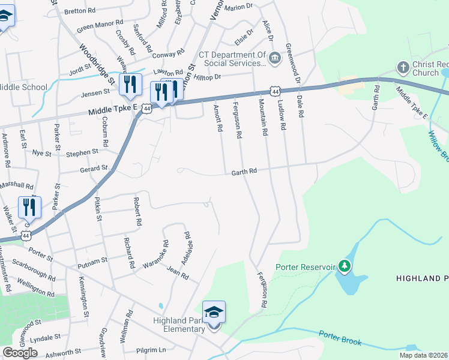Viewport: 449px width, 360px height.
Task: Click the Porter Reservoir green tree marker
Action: click(x=344, y=265)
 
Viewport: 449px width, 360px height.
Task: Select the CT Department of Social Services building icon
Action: click(x=275, y=58)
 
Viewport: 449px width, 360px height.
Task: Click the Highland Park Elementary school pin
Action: click(x=214, y=313)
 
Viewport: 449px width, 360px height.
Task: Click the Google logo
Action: click(x=20, y=353)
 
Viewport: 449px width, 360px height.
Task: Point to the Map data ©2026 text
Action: click(x=423, y=355)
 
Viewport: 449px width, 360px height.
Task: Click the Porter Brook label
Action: click(x=340, y=338)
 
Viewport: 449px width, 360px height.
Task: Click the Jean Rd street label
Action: click(x=178, y=274)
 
